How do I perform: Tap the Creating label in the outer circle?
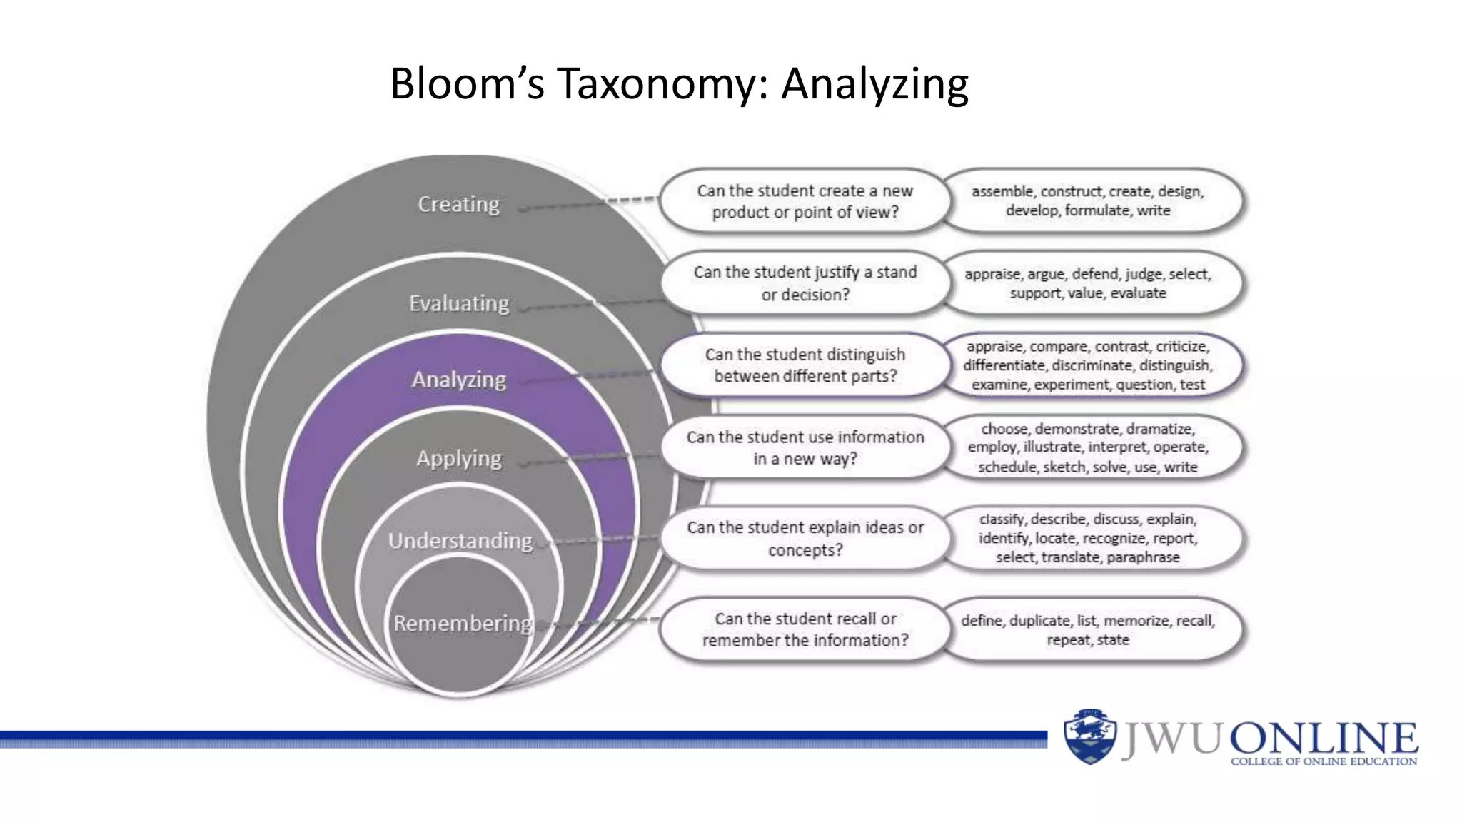[458, 204]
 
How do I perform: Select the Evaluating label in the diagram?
[459, 303]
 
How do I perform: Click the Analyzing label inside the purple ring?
[458, 380]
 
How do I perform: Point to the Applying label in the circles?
[459, 458]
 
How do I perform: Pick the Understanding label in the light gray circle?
[460, 541]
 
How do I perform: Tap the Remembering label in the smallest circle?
[463, 623]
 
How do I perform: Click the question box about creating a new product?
[805, 201]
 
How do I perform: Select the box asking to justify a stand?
[805, 283]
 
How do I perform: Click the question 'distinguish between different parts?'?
[805, 365]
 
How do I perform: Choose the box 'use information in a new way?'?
[805, 447]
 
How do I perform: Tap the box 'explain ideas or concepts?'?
[805, 539]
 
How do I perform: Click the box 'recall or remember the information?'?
[805, 629]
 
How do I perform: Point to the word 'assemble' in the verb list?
[1002, 192]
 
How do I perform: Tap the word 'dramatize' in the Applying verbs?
[1159, 429]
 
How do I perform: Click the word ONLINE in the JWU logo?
[1324, 737]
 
